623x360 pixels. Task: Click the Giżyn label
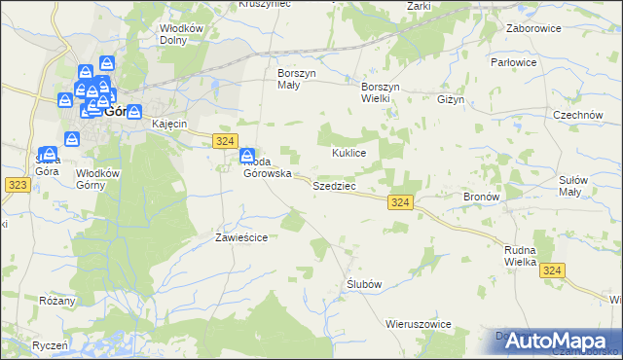coord(453,99)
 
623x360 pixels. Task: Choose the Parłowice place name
coord(541,62)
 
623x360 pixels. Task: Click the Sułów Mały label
coord(587,186)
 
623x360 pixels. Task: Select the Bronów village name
coord(481,197)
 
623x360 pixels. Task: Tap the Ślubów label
coord(363,284)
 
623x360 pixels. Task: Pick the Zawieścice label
coord(240,236)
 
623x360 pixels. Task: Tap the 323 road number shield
coord(17,183)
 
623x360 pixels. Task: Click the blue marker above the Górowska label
coord(248,156)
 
